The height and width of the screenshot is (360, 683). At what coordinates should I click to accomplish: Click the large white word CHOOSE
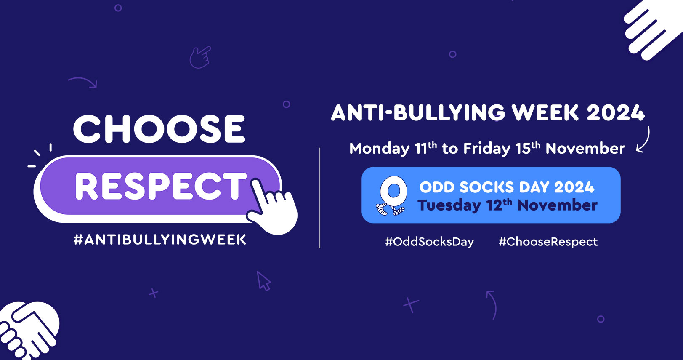pyautogui.click(x=159, y=129)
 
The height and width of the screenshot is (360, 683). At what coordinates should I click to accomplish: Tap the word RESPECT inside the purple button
pyautogui.click(x=161, y=186)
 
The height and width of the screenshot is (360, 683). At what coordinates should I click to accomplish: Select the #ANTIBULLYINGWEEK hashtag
pyautogui.click(x=160, y=240)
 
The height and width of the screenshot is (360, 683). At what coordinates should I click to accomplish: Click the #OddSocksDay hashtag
pyautogui.click(x=430, y=242)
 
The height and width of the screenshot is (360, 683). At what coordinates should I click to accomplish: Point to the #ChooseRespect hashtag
pyautogui.click(x=548, y=242)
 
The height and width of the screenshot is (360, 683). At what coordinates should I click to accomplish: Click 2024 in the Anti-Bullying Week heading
pyautogui.click(x=616, y=112)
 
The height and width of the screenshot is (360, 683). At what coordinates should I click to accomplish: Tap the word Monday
pyautogui.click(x=380, y=149)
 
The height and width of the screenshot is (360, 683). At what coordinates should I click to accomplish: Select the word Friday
pyautogui.click(x=486, y=149)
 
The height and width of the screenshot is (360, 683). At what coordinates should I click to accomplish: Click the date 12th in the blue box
pyautogui.click(x=500, y=205)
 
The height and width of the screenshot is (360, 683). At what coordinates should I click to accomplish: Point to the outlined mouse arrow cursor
pyautogui.click(x=263, y=281)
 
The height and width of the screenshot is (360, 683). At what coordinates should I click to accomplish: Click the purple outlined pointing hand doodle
pyautogui.click(x=200, y=57)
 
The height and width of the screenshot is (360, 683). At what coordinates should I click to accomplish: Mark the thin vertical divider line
pyautogui.click(x=319, y=198)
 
